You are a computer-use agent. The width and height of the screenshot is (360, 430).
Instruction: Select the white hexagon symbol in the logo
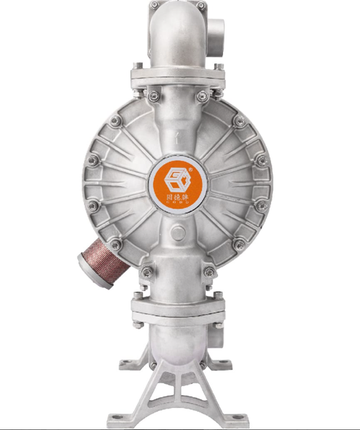point(178,176)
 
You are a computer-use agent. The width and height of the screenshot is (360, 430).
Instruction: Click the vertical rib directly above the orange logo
point(178,136)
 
